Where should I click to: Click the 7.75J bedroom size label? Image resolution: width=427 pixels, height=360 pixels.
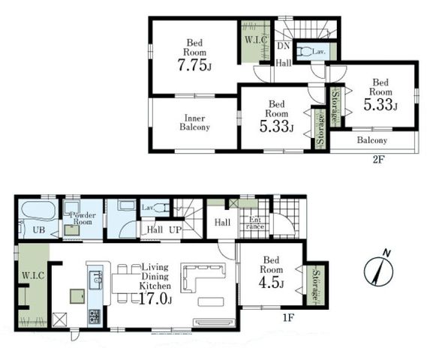coord(194,65)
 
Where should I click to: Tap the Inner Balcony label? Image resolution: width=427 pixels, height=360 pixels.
coord(194,123)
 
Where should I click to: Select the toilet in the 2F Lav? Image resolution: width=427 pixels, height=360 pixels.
coord(304,52)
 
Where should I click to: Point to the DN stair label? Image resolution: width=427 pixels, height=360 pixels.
coord(284,46)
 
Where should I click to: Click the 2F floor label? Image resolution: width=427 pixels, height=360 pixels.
coord(378,160)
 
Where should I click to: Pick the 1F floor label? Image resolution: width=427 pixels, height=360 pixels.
coord(288,317)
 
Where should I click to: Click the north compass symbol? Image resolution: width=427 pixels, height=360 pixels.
coord(379,269)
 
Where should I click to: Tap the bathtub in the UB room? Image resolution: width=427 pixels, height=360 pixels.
coord(39,210)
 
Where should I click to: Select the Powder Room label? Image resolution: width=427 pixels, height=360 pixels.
coord(83,218)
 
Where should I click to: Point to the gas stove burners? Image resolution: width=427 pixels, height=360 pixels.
coord(95,316)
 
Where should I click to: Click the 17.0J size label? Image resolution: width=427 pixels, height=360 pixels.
coord(155,298)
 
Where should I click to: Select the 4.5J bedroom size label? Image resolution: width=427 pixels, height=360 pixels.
coord(271,283)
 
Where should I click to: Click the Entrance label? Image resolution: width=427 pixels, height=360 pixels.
coord(255,223)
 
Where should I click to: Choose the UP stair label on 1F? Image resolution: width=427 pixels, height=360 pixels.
coord(175,230)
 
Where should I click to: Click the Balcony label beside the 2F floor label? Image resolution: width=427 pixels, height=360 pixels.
coord(372,140)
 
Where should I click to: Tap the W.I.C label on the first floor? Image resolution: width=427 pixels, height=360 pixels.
coord(33,275)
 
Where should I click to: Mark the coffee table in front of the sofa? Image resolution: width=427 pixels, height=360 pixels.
coord(211,301)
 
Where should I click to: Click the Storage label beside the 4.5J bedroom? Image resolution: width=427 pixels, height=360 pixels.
coord(316,285)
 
